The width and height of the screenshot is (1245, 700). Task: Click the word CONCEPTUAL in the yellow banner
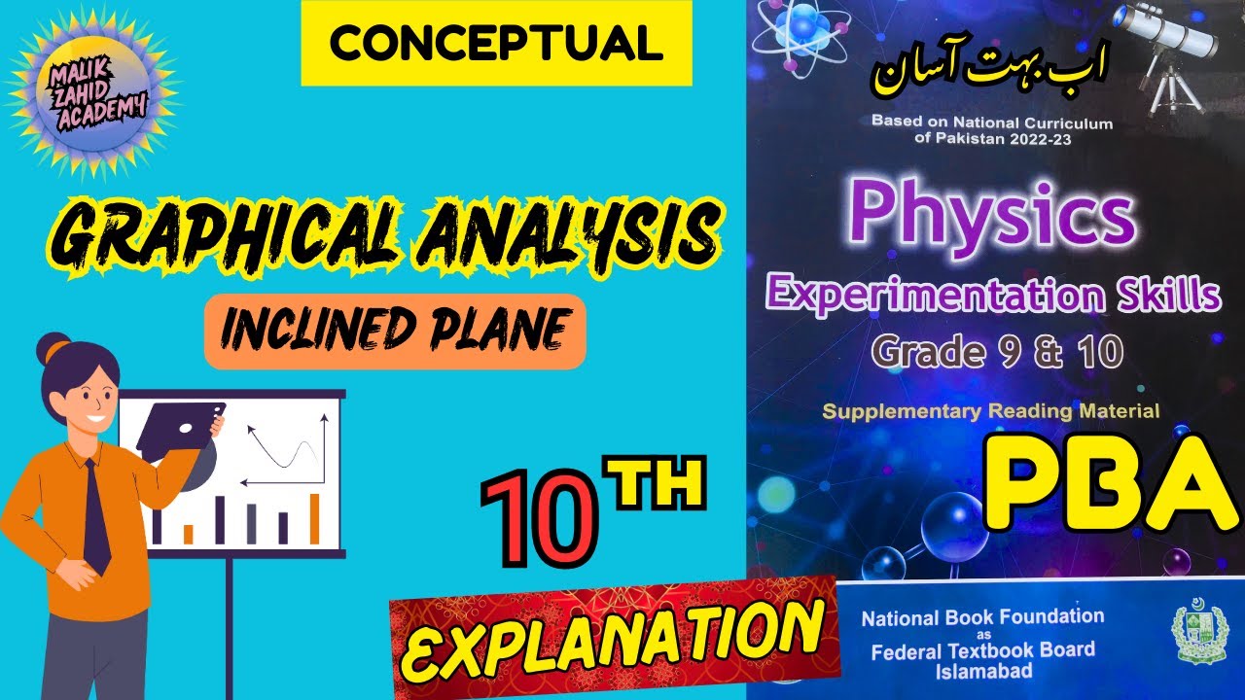[496, 44]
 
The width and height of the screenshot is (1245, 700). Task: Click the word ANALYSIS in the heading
[579, 233]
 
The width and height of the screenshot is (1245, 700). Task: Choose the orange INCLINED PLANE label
[394, 332]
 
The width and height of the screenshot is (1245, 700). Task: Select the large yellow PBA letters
[1109, 486]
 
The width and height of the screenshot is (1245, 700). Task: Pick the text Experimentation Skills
[992, 295]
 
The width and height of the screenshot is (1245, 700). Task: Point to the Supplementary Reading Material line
[990, 411]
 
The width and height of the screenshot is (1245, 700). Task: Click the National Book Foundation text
[982, 616]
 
